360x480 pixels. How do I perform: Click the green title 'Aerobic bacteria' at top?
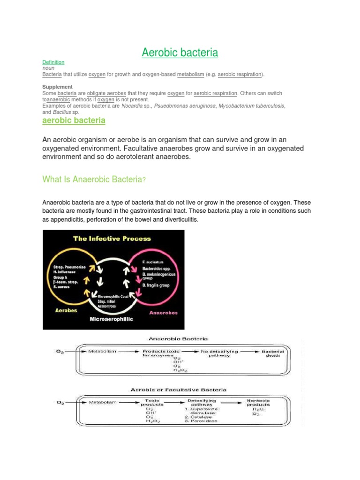coord(180,52)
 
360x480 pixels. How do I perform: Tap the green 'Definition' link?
coord(53,62)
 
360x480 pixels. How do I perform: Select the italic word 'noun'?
coord(48,68)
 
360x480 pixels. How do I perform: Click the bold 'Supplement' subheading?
coord(57,87)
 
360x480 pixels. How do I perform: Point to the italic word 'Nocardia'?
coord(134,106)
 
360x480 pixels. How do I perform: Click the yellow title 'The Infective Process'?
coord(112,238)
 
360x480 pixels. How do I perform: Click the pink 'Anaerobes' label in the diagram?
coord(164,312)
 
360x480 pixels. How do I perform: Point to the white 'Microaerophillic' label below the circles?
coord(111,319)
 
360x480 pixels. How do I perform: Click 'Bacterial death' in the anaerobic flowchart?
coord(273,353)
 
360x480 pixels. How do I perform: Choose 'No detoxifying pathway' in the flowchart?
coord(219,353)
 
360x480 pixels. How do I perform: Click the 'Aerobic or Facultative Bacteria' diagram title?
coord(178,390)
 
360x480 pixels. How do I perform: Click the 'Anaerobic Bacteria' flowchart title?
coord(178,338)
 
